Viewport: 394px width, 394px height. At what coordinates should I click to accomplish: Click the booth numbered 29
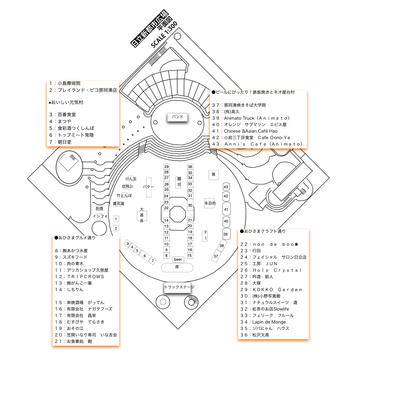tap(167, 167)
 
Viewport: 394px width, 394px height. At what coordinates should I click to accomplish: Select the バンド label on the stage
tap(178, 117)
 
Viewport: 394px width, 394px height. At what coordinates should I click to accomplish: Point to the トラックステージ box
tap(178, 287)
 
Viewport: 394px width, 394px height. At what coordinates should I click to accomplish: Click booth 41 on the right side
tap(226, 209)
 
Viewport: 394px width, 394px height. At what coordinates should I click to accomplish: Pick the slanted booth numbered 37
tap(216, 256)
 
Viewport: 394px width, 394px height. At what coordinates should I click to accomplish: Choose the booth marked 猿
tap(214, 175)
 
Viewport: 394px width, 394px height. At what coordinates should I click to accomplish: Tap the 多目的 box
tap(210, 203)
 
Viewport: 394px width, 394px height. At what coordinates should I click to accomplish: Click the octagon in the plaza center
tap(178, 213)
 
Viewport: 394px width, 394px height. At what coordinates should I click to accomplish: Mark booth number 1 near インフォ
tap(116, 219)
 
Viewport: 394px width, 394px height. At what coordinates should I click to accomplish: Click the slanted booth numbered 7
tap(152, 261)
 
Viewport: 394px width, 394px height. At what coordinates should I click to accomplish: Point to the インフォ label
tap(100, 216)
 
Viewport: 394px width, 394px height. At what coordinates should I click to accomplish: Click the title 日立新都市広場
tap(149, 29)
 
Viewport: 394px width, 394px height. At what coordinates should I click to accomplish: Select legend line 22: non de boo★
tap(270, 244)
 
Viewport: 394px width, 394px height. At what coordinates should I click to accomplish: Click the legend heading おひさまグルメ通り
tap(75, 238)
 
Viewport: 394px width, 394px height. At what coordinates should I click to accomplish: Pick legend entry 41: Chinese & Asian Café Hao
tap(245, 131)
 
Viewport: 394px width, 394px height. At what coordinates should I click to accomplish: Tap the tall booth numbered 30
tap(190, 205)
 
